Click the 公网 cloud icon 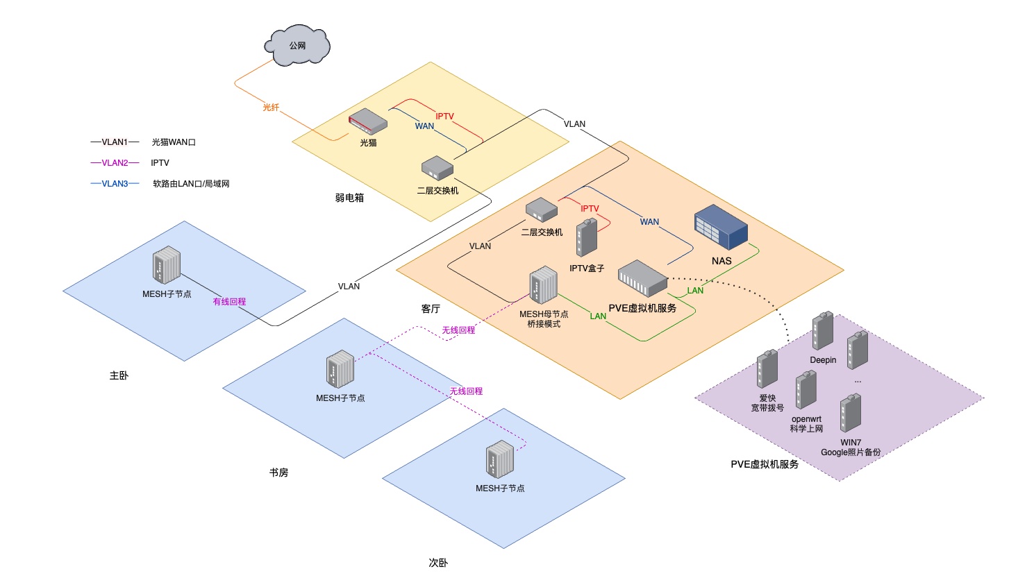[297, 46]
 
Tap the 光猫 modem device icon [367, 121]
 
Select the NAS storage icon [721, 227]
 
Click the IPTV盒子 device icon [587, 238]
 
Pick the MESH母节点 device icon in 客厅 [543, 285]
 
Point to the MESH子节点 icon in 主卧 [167, 265]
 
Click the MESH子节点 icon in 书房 [340, 369]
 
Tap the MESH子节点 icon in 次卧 [500, 459]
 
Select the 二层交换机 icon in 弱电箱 [437, 168]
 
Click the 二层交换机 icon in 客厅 [542, 210]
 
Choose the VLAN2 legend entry [115, 163]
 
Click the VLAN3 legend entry [115, 184]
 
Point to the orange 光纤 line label [271, 108]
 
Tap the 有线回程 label [229, 302]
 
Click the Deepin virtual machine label [823, 360]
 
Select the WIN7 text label [851, 443]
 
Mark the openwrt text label [806, 419]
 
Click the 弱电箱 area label [349, 198]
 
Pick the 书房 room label [278, 473]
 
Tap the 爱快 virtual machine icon [767, 369]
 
